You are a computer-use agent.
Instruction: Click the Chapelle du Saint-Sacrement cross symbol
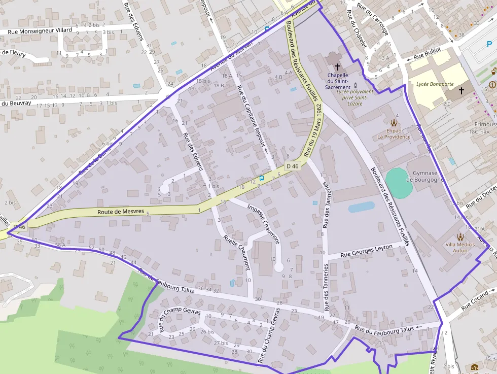point(338,66)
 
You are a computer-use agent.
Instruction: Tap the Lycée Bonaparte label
point(435,84)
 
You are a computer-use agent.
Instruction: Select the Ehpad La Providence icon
point(394,122)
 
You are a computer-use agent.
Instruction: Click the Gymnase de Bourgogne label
point(424,176)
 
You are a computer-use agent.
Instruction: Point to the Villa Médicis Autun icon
point(460,237)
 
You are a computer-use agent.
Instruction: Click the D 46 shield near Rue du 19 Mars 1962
point(292,166)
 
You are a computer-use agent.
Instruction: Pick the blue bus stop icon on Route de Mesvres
point(262,178)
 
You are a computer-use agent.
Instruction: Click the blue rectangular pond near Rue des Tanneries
point(361,207)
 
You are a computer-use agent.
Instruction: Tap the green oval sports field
point(399,183)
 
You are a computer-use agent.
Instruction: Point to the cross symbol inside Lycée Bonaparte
point(461,91)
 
